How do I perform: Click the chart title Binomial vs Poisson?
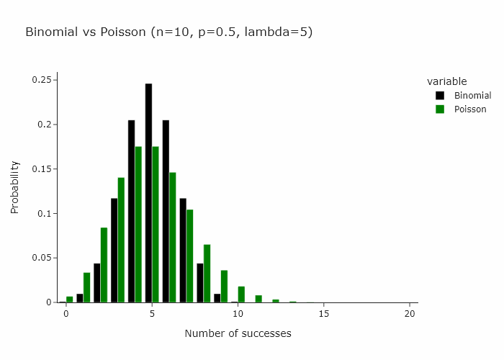168,32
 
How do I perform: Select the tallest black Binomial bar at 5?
148,193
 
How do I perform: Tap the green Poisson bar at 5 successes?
156,225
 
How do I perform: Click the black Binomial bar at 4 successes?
131,211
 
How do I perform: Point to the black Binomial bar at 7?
183,251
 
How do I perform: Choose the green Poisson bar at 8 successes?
207,274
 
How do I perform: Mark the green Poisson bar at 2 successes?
104,265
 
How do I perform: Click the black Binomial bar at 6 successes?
166,211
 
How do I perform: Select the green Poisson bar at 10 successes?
241,294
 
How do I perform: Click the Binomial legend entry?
472,96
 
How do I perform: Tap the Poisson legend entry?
470,109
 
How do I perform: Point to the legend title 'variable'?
446,81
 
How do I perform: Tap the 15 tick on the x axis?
324,314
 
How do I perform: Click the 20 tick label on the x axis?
410,314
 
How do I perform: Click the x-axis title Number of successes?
238,333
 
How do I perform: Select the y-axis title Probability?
14,186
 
